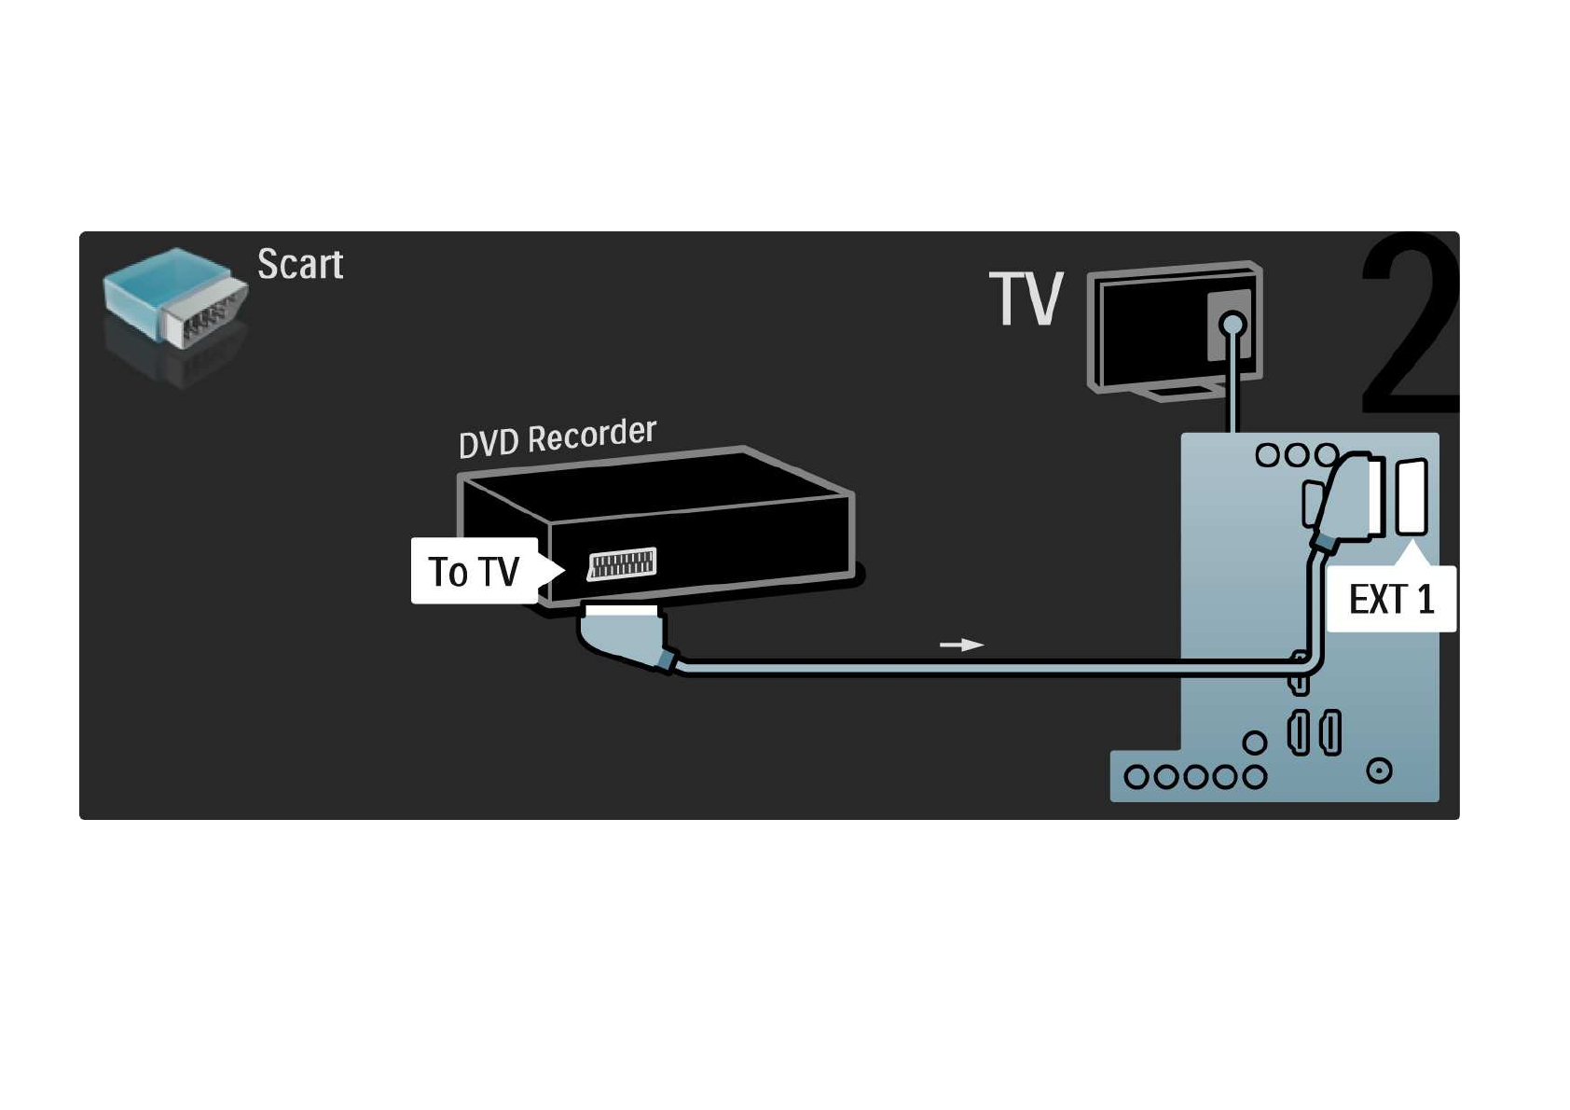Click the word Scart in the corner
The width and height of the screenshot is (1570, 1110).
[300, 265]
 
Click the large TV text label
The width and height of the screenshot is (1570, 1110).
[1026, 299]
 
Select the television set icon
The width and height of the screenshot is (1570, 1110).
[1175, 327]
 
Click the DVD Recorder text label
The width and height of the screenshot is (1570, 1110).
[558, 437]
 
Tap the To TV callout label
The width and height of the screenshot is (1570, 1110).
[475, 571]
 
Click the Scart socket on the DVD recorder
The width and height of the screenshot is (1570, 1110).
[622, 563]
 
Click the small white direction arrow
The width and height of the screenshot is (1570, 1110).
[961, 645]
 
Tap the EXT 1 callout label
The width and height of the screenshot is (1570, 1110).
[1391, 599]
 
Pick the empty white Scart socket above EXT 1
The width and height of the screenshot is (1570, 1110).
[1412, 497]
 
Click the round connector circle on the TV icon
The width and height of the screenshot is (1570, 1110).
[1233, 325]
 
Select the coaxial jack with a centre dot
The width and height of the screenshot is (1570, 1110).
[1379, 770]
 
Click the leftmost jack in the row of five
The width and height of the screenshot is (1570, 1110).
[1136, 777]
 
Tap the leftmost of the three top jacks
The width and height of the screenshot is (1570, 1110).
[1267, 455]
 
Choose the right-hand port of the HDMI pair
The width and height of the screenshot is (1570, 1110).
[1330, 732]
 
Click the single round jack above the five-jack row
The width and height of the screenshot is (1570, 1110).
[1255, 742]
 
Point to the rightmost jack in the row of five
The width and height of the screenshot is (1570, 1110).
[1255, 777]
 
